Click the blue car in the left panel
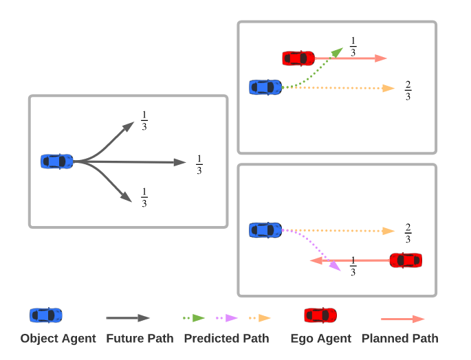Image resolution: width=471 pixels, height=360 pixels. click(57, 161)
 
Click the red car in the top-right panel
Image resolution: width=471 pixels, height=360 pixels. click(298, 58)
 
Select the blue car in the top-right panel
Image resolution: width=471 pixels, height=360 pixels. click(265, 87)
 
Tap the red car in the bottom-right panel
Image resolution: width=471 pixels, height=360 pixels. click(406, 260)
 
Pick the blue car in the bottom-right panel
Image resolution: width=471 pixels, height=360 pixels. click(265, 230)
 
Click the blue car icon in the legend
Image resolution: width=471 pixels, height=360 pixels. click(46, 315)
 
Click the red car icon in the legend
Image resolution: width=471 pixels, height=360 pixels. click(320, 315)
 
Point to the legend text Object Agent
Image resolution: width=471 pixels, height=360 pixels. click(58, 338)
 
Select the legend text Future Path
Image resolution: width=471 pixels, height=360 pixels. click(140, 338)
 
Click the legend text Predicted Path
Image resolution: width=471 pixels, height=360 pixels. click(226, 338)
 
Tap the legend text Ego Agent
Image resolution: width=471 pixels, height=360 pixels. click(320, 338)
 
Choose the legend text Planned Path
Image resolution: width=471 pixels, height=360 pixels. click(399, 338)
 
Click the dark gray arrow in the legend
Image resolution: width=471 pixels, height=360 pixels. click(128, 318)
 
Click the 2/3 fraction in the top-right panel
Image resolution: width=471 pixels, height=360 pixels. click(408, 91)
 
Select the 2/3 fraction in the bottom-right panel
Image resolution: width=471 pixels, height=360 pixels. click(408, 234)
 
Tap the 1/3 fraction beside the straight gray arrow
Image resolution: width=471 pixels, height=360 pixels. click(199, 165)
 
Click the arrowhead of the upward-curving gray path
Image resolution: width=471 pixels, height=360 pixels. click(129, 126)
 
